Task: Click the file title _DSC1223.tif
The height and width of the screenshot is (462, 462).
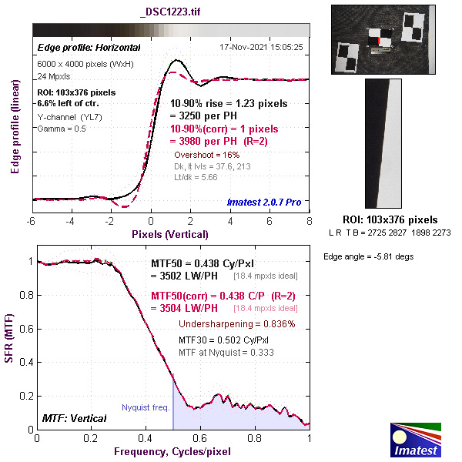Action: tap(170, 12)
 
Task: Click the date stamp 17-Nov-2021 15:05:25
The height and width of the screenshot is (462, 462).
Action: tap(262, 47)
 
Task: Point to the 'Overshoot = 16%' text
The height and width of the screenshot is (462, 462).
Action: tap(206, 155)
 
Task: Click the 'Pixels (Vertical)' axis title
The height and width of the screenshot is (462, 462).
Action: tap(170, 233)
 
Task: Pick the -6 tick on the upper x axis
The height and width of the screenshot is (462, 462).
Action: tap(32, 221)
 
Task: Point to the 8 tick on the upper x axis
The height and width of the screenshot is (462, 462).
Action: tap(309, 221)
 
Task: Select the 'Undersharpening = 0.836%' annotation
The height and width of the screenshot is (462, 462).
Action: tap(236, 324)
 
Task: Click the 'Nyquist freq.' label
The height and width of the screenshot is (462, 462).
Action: tap(146, 407)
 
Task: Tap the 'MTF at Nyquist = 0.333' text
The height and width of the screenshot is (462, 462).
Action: tap(226, 352)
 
